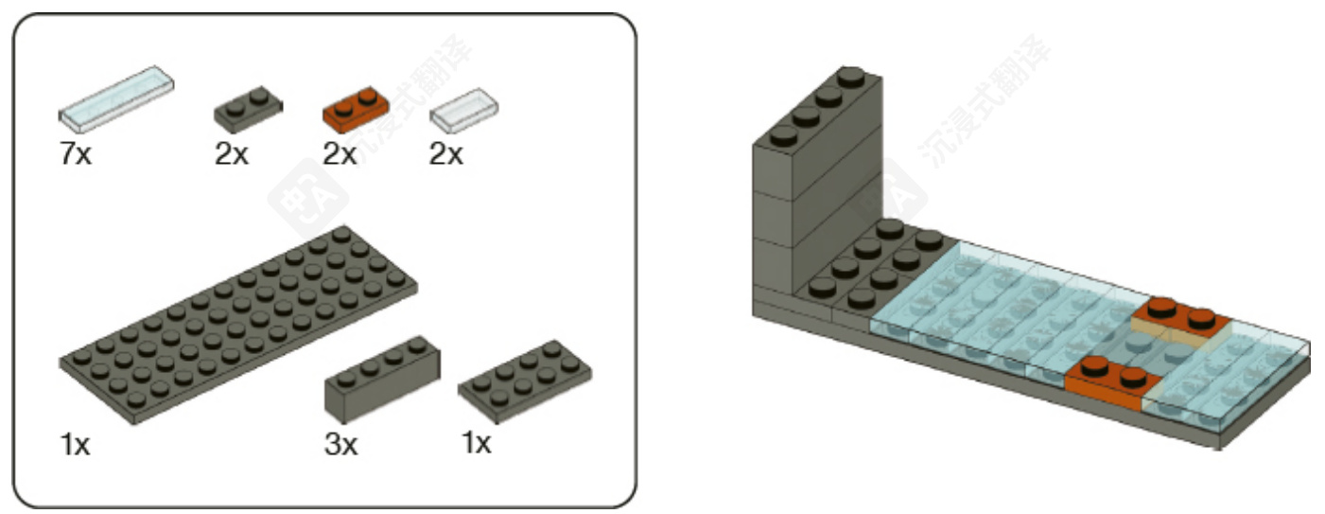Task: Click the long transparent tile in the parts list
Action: coord(117,98)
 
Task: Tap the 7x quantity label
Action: coord(76,154)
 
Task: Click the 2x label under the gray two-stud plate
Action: coord(231,154)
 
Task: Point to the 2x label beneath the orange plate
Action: coord(340,154)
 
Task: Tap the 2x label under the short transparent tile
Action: coord(446,154)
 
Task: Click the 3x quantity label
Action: coord(340,444)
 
